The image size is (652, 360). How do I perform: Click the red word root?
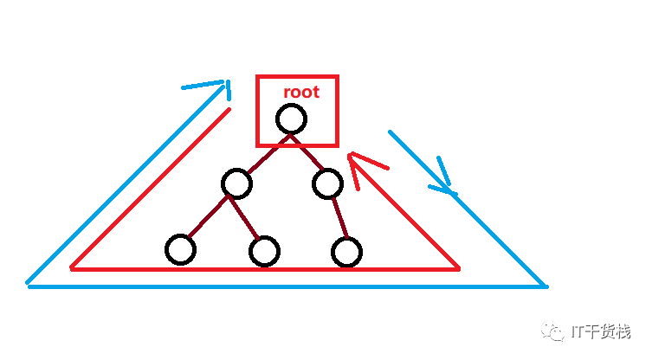[301, 92]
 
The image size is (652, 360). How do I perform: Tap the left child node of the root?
[236, 183]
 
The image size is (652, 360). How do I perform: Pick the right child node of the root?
[328, 183]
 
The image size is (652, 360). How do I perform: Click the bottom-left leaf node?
[180, 249]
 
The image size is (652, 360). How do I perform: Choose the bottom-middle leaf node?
[263, 252]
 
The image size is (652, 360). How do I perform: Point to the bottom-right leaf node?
[345, 252]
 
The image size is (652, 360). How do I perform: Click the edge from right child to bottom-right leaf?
[338, 218]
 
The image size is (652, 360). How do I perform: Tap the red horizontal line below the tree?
[260, 269]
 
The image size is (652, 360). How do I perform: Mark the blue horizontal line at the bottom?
[286, 286]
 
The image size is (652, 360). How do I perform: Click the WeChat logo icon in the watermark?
[552, 331]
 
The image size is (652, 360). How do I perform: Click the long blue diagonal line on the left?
[121, 190]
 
